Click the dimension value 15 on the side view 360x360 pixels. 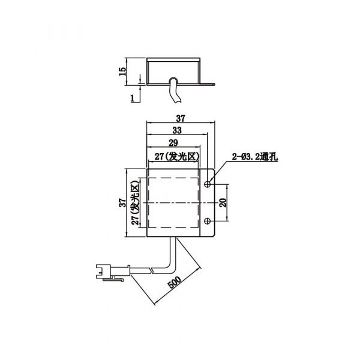pyautogui.click(x=122, y=71)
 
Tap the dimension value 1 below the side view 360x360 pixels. pyautogui.click(x=133, y=98)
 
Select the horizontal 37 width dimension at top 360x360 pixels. pyautogui.click(x=181, y=118)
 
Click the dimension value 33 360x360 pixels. pyautogui.click(x=177, y=130)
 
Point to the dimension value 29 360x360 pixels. pyautogui.click(x=173, y=143)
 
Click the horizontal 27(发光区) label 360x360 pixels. pyautogui.click(x=177, y=157)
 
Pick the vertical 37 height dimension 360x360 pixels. pyautogui.click(x=122, y=203)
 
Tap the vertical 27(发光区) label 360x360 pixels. pyautogui.click(x=136, y=203)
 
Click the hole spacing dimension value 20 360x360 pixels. pyautogui.click(x=223, y=203)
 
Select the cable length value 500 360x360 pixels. pyautogui.click(x=175, y=282)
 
